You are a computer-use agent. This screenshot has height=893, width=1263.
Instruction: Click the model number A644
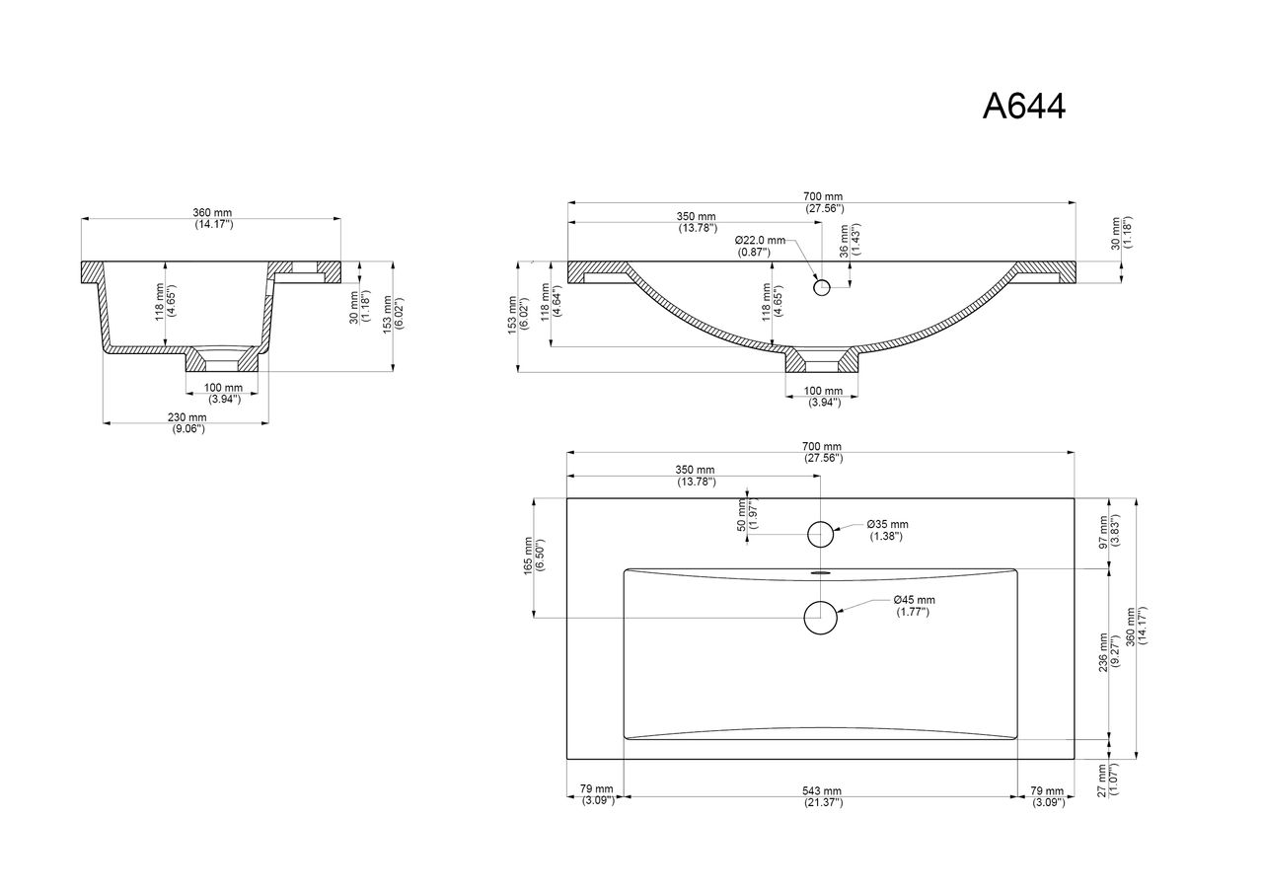tap(1024, 106)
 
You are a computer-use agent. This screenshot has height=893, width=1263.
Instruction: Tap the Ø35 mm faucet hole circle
tap(820, 534)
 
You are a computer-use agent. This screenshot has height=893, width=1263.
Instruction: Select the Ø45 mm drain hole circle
tap(820, 618)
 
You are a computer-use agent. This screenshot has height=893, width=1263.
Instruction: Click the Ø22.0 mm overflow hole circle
tap(822, 287)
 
